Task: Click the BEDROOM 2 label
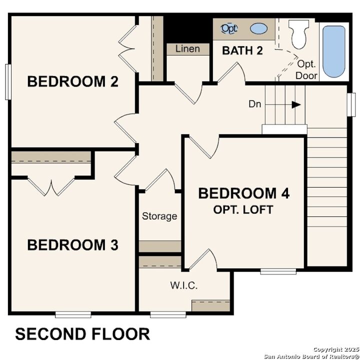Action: [x=72, y=81]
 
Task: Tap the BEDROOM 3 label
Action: [x=72, y=245]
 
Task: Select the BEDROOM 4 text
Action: [x=244, y=193]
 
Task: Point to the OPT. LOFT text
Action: [x=243, y=209]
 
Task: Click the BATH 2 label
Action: [x=243, y=50]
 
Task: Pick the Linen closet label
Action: [x=187, y=49]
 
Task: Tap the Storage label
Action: [x=159, y=216]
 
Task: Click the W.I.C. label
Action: [x=184, y=286]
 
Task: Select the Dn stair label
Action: [x=254, y=104]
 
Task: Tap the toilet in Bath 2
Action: [x=299, y=33]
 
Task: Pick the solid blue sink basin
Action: [x=258, y=28]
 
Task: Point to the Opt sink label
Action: [x=229, y=28]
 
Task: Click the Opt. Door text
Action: [x=306, y=70]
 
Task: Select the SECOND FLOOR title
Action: [x=82, y=334]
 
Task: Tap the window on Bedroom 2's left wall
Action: [x=7, y=81]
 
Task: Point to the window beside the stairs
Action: [x=351, y=104]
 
